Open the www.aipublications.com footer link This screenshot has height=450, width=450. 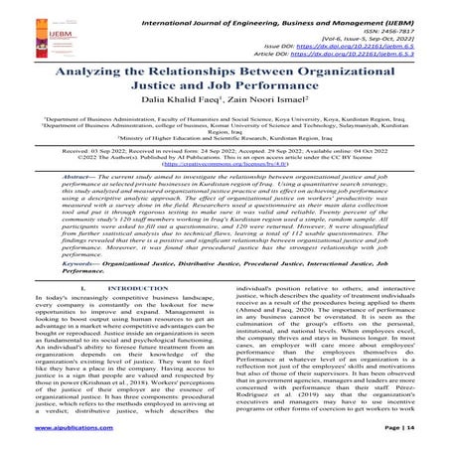49,442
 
